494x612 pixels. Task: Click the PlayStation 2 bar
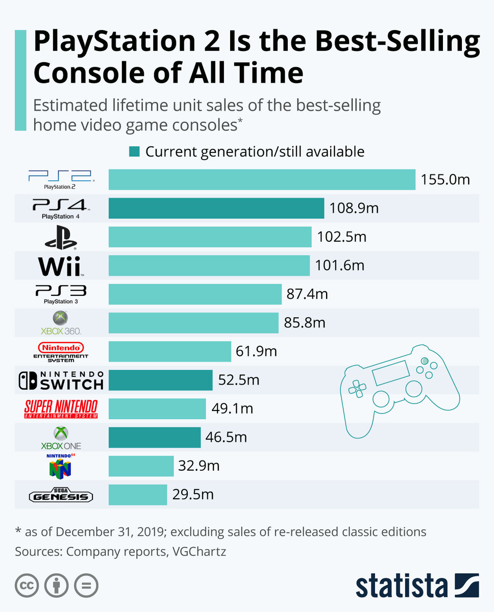pyautogui.click(x=262, y=180)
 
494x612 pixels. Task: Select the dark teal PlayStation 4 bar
pyautogui.click(x=216, y=209)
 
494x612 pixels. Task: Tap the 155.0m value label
pyautogui.click(x=445, y=180)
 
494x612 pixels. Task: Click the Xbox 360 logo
pyautogui.click(x=61, y=323)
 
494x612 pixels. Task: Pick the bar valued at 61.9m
pyautogui.click(x=170, y=351)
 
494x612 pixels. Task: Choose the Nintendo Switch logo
pyautogui.click(x=61, y=380)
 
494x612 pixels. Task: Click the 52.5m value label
pyautogui.click(x=239, y=380)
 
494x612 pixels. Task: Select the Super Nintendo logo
pyautogui.click(x=61, y=409)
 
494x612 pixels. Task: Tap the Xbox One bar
pyautogui.click(x=155, y=437)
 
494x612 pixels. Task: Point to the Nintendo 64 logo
pyautogui.click(x=60, y=465)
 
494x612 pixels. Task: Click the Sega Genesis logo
pyautogui.click(x=61, y=495)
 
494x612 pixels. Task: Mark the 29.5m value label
pyautogui.click(x=193, y=494)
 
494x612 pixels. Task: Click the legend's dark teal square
pyautogui.click(x=134, y=151)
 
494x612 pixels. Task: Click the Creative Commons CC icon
pyautogui.click(x=27, y=586)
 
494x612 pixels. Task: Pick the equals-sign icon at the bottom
pyautogui.click(x=86, y=586)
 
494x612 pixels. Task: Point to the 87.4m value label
pyautogui.click(x=308, y=294)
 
